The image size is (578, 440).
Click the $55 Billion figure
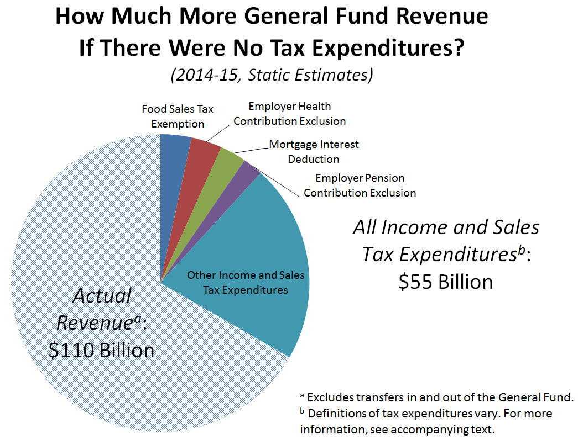coord(445,282)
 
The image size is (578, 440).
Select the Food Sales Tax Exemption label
coord(178,116)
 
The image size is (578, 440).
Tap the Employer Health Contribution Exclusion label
coord(289,113)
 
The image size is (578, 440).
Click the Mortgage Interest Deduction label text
coord(314,151)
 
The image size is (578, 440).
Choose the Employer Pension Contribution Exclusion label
coord(360,185)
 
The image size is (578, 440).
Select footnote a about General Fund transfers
coord(437,396)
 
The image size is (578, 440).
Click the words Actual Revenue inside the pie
coord(102,309)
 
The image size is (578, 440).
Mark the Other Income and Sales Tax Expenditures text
coord(245,282)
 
